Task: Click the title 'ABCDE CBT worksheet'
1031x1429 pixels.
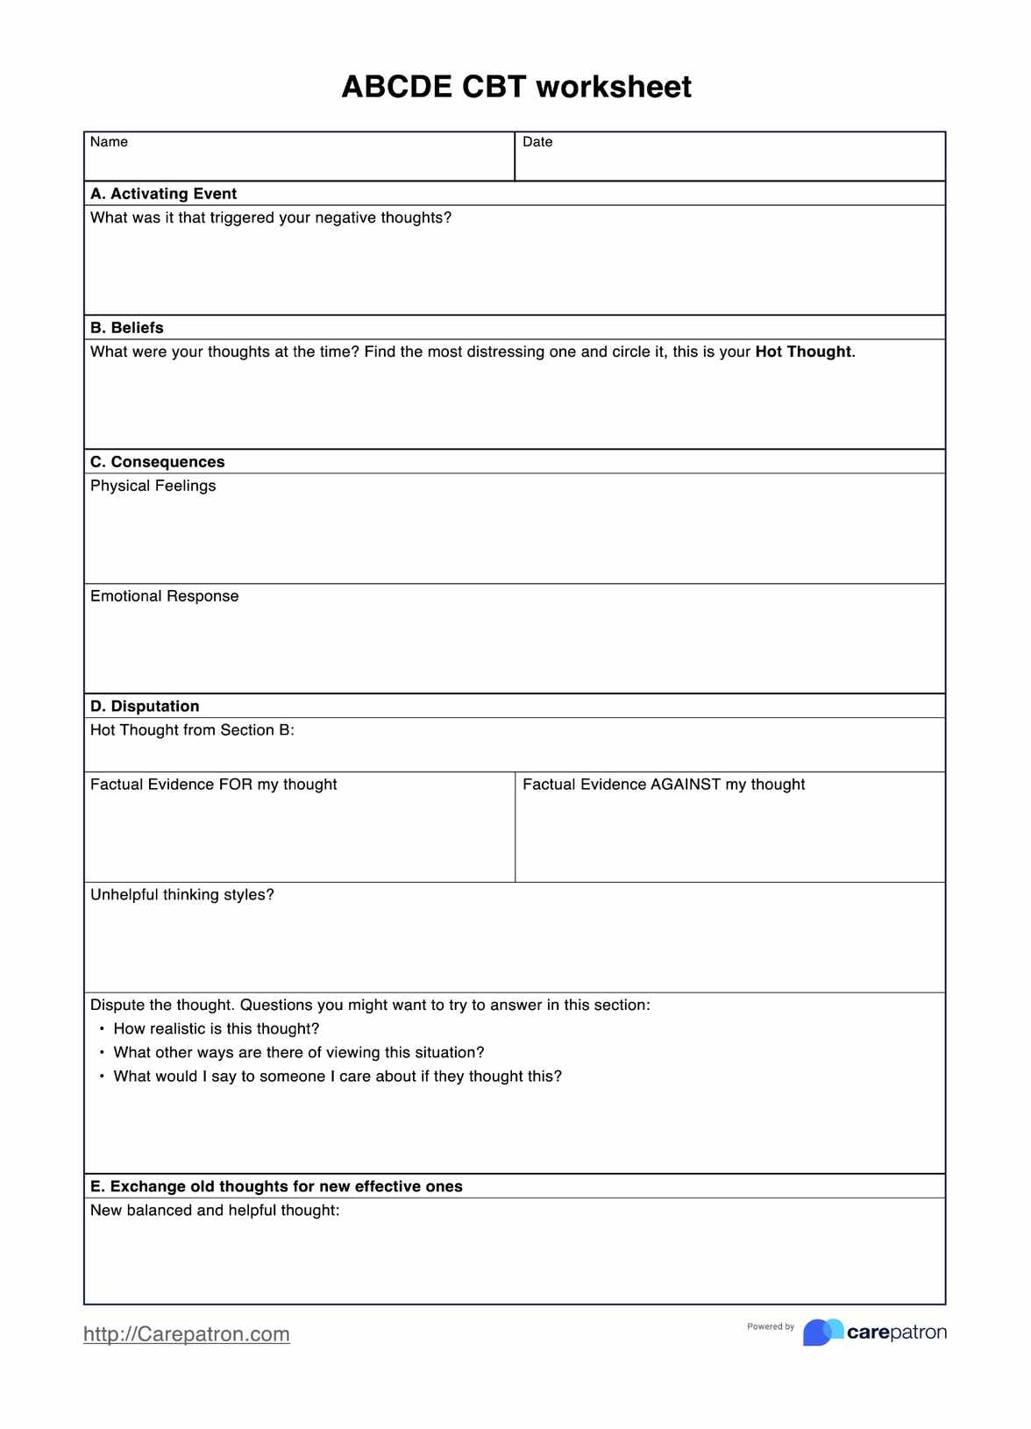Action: click(x=515, y=87)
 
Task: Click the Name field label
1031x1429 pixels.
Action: click(x=109, y=142)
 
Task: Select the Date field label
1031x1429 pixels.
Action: click(x=537, y=142)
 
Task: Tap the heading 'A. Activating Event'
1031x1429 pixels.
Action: click(x=163, y=194)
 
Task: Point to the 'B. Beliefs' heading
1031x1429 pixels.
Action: click(x=127, y=328)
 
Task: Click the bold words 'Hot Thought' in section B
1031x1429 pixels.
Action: click(x=803, y=352)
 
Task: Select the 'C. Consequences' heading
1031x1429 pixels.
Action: click(x=158, y=462)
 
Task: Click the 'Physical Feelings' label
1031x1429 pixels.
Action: click(x=153, y=486)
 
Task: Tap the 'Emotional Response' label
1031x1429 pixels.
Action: click(x=164, y=596)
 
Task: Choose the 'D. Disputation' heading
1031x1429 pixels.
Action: click(x=145, y=707)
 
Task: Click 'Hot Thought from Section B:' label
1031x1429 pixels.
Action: click(x=192, y=730)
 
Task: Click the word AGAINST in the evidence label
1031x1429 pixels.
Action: click(x=686, y=785)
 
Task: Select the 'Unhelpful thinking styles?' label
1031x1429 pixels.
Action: click(x=182, y=895)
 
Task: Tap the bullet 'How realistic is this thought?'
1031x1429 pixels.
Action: click(x=217, y=1029)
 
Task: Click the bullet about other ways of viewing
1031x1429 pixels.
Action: click(x=299, y=1053)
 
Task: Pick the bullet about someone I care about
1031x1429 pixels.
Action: click(x=338, y=1077)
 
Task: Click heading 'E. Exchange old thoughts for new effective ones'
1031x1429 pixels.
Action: click(x=276, y=1187)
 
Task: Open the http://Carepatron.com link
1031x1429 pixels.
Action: click(x=186, y=1334)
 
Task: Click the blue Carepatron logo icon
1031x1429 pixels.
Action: click(x=822, y=1333)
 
